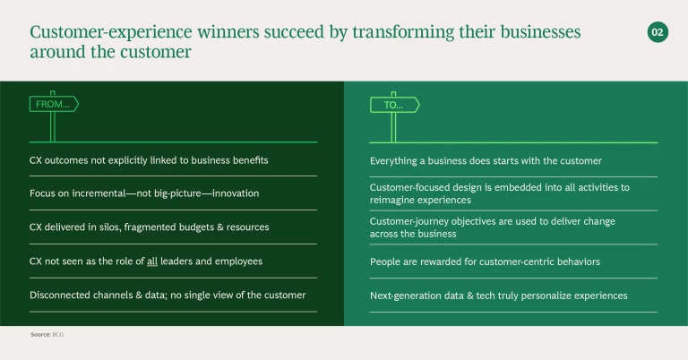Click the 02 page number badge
[x=658, y=32]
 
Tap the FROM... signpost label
[x=54, y=104]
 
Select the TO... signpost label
[x=394, y=105]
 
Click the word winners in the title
[x=228, y=31]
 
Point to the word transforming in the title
[x=403, y=32]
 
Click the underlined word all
[x=151, y=261]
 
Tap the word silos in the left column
[x=111, y=227]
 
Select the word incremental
[x=99, y=193]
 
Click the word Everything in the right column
[x=393, y=161]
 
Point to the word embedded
[x=517, y=187]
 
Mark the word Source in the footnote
[x=40, y=335]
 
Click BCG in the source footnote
[x=58, y=335]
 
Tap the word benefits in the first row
[x=250, y=160]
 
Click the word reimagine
[x=391, y=200]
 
